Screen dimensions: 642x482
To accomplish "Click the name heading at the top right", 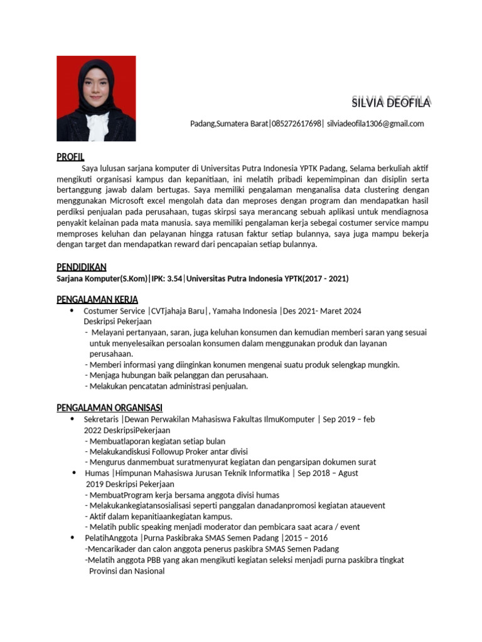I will click(390, 103).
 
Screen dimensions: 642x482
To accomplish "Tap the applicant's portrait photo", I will click(96, 98).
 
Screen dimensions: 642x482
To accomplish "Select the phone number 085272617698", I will click(296, 124).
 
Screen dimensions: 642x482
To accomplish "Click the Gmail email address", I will click(375, 124).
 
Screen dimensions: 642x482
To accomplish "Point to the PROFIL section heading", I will click(70, 156).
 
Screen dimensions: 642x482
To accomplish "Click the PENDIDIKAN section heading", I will click(82, 267).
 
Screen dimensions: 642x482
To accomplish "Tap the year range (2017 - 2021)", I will click(326, 278).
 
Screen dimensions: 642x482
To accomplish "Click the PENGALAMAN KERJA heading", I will click(97, 299).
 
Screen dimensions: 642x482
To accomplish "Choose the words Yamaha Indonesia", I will click(245, 311).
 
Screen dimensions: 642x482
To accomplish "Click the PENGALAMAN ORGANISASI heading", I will click(110, 408).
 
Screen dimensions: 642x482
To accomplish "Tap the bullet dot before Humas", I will click(73, 473).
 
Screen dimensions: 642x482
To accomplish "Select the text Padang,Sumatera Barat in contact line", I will click(228, 124).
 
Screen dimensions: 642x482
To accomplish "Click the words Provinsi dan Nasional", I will click(127, 571).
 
